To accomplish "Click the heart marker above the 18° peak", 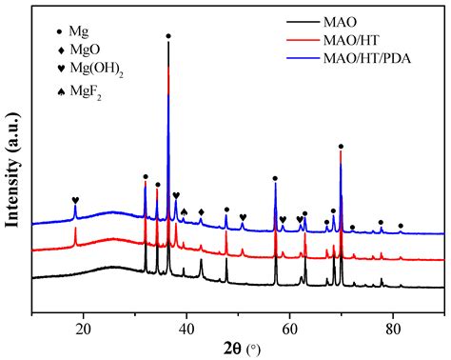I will pos(75,201).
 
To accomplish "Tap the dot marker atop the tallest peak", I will pos(168,36).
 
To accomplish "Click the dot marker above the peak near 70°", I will pos(341,147).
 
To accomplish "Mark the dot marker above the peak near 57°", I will pos(275,178).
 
